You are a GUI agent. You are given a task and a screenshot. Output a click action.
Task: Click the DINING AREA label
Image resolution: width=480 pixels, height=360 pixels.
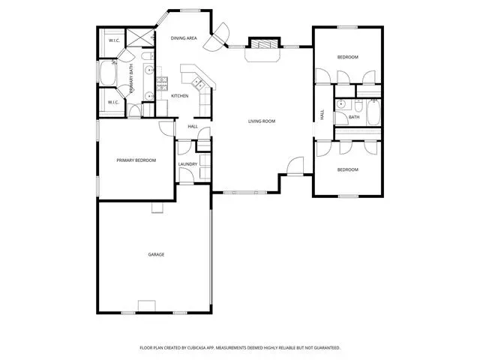(x=184, y=38)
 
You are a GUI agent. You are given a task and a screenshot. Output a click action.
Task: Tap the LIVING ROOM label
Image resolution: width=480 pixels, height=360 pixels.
(x=262, y=121)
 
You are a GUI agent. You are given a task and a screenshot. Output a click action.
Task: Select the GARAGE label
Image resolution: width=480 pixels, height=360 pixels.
(x=156, y=254)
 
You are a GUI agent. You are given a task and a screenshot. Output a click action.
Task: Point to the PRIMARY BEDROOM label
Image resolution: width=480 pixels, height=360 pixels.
(x=136, y=160)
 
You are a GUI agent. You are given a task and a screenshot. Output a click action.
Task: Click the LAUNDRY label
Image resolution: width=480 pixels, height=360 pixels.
(x=187, y=164)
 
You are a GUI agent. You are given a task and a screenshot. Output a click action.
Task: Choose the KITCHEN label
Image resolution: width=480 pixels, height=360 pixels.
(x=180, y=96)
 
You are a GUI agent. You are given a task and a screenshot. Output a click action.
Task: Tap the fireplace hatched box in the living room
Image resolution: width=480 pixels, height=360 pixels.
(x=264, y=43)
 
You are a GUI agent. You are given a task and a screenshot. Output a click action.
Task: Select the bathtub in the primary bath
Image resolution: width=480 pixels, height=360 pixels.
(x=108, y=73)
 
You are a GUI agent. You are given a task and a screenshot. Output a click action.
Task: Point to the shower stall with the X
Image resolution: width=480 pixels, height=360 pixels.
(x=140, y=38)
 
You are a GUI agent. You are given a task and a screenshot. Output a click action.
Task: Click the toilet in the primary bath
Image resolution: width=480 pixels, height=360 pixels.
(x=147, y=56)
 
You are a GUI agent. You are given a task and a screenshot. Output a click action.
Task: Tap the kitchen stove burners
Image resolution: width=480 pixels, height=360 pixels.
(x=162, y=84)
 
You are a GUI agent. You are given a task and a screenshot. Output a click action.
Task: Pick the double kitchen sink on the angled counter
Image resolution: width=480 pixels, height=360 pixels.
(x=196, y=83)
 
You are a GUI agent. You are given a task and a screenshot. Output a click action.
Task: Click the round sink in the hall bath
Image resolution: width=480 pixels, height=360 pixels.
(x=340, y=104)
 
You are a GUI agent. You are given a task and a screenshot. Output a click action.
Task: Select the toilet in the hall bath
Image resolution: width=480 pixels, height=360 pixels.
(x=358, y=106)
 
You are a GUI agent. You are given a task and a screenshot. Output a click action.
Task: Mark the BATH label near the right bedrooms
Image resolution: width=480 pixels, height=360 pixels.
(x=354, y=117)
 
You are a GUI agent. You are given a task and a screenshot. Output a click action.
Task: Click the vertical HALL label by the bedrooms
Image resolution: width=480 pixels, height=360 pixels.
(x=322, y=115)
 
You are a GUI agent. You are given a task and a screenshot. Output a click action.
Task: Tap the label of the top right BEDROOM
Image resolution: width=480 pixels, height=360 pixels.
(x=348, y=57)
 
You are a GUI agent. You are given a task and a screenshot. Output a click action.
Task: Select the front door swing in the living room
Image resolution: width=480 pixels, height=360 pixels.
(x=295, y=166)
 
